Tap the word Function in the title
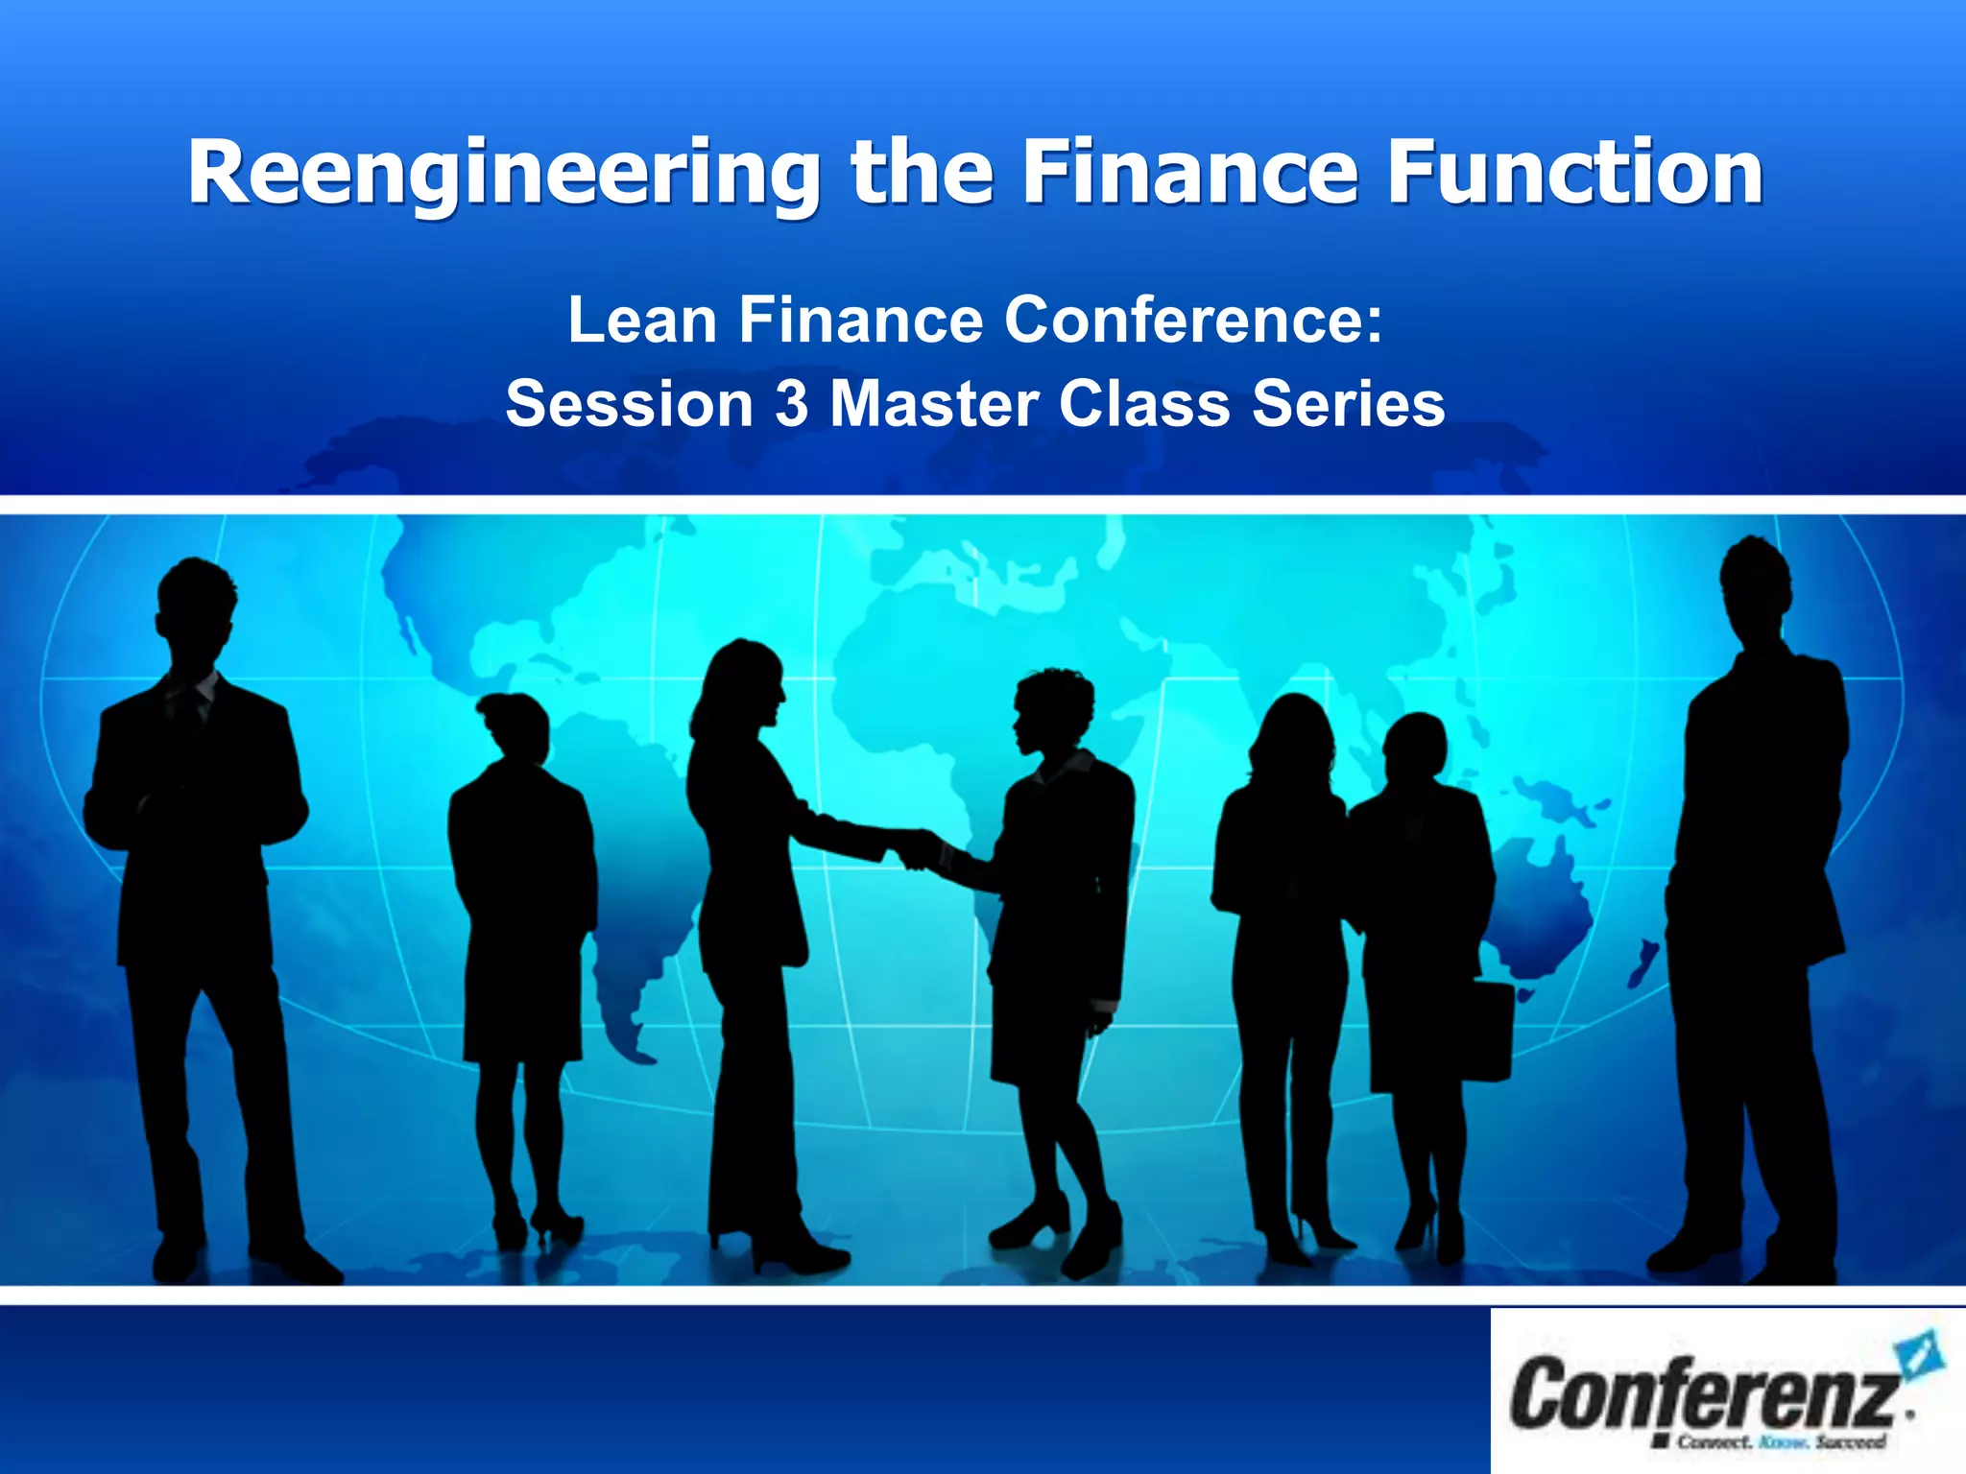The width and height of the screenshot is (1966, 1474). pos(1574,173)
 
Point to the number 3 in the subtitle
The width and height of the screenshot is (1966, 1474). pos(792,403)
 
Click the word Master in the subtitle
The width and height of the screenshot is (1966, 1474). pos(934,403)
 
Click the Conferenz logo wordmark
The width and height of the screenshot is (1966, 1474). pos(1703,1391)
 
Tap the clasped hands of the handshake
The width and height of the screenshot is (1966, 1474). pos(917,849)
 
